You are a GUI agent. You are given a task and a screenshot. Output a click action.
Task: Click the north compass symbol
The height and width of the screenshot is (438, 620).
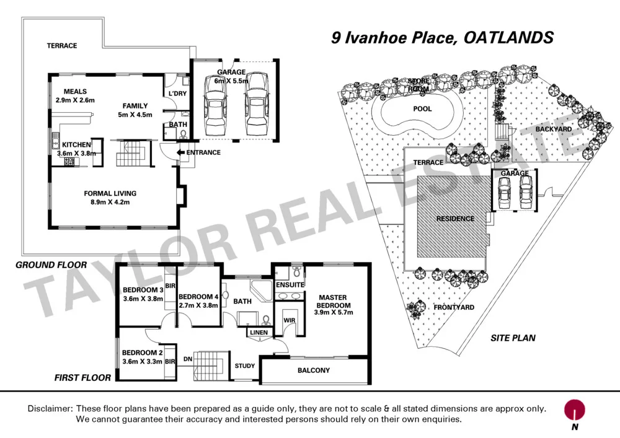tap(575, 410)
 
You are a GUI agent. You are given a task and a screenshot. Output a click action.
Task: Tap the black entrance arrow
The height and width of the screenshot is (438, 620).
tap(180, 152)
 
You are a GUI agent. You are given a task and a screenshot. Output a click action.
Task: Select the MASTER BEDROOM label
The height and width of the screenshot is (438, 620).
tap(333, 301)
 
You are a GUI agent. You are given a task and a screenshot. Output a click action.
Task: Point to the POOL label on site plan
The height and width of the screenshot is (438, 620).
tap(422, 108)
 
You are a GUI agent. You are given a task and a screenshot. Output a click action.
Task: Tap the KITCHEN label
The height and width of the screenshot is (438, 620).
tap(76, 145)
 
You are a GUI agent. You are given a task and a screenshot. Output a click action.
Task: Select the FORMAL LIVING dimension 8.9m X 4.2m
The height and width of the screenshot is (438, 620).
tap(110, 202)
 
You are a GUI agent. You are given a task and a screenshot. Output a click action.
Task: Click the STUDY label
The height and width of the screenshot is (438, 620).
tap(244, 366)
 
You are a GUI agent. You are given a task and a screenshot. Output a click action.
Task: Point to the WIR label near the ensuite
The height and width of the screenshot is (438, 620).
tap(288, 320)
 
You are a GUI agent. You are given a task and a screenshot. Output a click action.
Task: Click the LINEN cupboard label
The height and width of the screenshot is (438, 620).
tap(259, 333)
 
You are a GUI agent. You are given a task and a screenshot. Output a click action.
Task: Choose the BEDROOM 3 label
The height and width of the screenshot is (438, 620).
tap(143, 290)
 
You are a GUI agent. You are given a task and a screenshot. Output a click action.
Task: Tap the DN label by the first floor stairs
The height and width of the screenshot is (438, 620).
tap(187, 358)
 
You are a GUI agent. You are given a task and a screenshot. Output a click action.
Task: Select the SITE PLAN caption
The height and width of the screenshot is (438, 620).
tap(513, 338)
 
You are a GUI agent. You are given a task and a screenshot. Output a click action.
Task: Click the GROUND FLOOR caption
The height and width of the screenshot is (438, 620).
tap(51, 265)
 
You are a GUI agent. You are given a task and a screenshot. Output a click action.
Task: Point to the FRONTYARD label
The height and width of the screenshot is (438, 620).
tap(454, 307)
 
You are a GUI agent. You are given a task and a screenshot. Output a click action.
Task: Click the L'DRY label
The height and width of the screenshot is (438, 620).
tap(177, 94)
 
